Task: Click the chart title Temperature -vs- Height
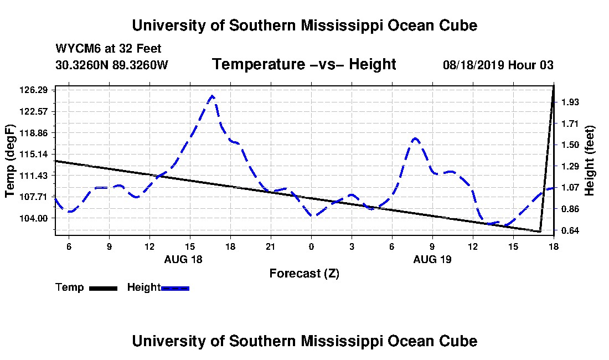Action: pyautogui.click(x=304, y=64)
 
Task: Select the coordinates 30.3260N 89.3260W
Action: pyautogui.click(x=112, y=65)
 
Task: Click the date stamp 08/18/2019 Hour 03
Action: pyautogui.click(x=498, y=65)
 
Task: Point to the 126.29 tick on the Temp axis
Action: pyautogui.click(x=33, y=90)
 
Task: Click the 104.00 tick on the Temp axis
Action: pyautogui.click(x=33, y=218)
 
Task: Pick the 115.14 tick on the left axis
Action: pyautogui.click(x=33, y=154)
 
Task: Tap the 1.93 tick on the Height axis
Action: pyautogui.click(x=570, y=102)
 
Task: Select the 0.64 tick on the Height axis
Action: pyautogui.click(x=570, y=231)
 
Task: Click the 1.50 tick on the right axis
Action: pyautogui.click(x=570, y=145)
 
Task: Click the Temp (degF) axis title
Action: pyautogui.click(x=10, y=161)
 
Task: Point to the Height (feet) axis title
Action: pyautogui.click(x=589, y=161)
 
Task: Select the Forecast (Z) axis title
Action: pyautogui.click(x=304, y=274)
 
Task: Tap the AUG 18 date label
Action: pyautogui.click(x=183, y=259)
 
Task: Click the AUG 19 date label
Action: pyautogui.click(x=432, y=259)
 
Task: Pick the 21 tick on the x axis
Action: pyautogui.click(x=271, y=246)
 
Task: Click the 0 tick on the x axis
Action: pyautogui.click(x=311, y=246)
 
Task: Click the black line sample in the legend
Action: pyautogui.click(x=104, y=288)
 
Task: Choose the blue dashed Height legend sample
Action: pyautogui.click(x=175, y=288)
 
